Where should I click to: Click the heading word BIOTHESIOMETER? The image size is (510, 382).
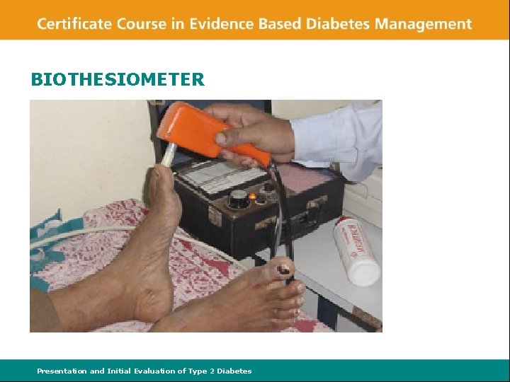coord(118,79)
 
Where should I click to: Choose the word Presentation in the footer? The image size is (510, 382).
coord(62,371)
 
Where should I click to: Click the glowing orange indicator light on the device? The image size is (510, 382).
coord(251,195)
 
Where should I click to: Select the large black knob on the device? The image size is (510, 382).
coord(239,199)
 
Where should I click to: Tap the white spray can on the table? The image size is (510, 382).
coord(358,250)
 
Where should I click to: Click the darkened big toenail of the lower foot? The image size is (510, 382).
coord(283,268)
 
